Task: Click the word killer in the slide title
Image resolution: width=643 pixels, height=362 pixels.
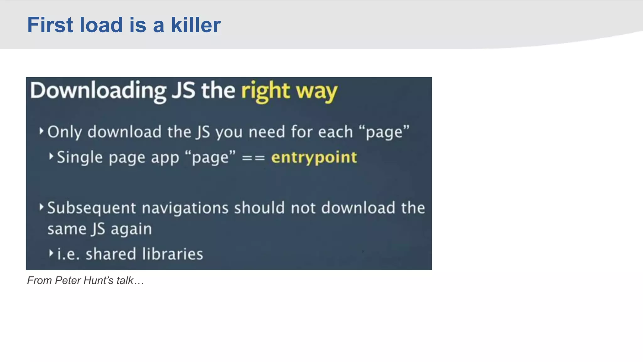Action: pos(196,25)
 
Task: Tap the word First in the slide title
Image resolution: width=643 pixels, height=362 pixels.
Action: pos(50,25)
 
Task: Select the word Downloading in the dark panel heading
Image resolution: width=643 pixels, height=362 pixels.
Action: pos(98,91)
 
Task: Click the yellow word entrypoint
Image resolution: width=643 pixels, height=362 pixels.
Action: pos(314,157)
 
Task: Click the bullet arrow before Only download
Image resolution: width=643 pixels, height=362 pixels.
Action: pos(41,131)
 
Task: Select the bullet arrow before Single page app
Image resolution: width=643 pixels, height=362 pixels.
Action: pos(51,156)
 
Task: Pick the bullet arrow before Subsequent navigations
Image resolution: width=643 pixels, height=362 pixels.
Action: pos(41,207)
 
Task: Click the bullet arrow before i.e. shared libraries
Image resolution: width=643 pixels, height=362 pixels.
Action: pos(51,253)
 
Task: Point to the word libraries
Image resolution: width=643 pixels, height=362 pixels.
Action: pos(172,254)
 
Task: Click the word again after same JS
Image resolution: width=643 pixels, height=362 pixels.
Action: pos(131,229)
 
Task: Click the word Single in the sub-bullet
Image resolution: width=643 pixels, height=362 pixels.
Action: pos(80,157)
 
